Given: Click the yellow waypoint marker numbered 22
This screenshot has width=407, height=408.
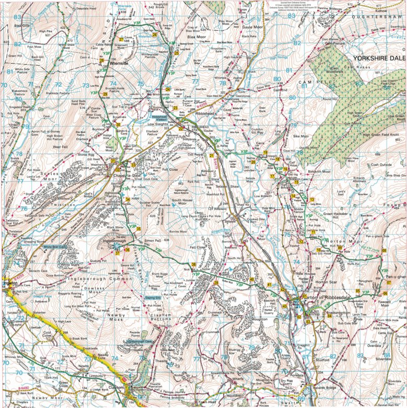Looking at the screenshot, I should (x=181, y=129).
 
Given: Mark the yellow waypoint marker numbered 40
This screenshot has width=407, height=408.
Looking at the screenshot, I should (x=252, y=279).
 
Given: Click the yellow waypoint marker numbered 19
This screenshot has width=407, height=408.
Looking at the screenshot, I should (x=265, y=153).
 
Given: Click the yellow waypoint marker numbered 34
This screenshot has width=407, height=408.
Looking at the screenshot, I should (x=127, y=200).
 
